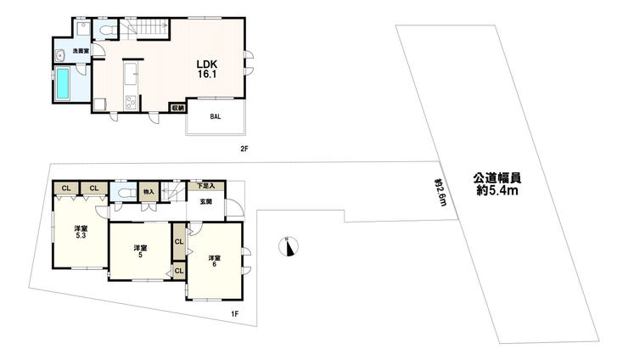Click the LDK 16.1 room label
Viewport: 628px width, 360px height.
tap(207, 69)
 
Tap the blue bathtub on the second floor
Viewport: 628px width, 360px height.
tap(62, 83)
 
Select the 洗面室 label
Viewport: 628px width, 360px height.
tap(81, 51)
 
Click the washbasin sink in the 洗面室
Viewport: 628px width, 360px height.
tap(60, 55)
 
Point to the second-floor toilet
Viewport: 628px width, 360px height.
tap(107, 30)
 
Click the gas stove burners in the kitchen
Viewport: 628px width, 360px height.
tap(131, 102)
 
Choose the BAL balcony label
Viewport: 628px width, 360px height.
tap(216, 116)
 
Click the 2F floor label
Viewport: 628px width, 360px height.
tap(244, 149)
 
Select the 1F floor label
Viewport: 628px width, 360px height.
tap(235, 314)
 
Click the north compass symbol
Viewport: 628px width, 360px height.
tap(289, 246)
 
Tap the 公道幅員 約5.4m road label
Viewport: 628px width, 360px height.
tap(497, 184)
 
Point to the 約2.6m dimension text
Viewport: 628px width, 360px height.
tap(440, 193)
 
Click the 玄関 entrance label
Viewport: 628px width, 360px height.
tap(206, 202)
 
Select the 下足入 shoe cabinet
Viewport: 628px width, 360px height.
tap(206, 186)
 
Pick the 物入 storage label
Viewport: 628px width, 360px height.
tap(149, 192)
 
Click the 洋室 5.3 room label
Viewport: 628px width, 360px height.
tap(81, 232)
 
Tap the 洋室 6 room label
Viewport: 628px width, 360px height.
tap(214, 261)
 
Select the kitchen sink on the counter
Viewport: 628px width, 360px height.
tap(131, 74)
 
